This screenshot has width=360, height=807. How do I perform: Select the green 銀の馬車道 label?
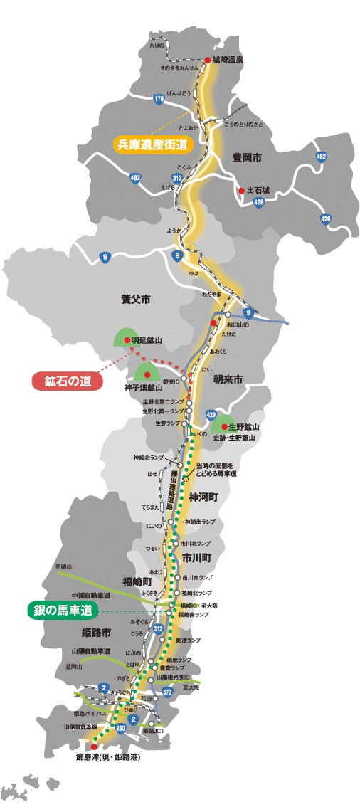62,610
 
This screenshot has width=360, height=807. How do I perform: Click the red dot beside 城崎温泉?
208,60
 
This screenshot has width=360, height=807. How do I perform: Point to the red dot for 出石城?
242,191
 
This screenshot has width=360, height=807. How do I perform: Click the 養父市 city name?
136,300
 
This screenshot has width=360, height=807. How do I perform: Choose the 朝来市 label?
228,381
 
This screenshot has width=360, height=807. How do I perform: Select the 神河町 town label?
204,497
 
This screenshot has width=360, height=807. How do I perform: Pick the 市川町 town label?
196,557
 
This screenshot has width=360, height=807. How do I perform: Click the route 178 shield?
158,99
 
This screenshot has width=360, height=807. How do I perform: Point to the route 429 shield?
211,414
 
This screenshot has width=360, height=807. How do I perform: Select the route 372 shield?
167,691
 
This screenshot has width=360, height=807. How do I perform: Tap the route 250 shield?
121,727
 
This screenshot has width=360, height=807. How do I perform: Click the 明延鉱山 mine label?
147,340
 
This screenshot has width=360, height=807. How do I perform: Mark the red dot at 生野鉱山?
223,426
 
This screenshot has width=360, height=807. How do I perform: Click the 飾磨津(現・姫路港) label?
108,757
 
